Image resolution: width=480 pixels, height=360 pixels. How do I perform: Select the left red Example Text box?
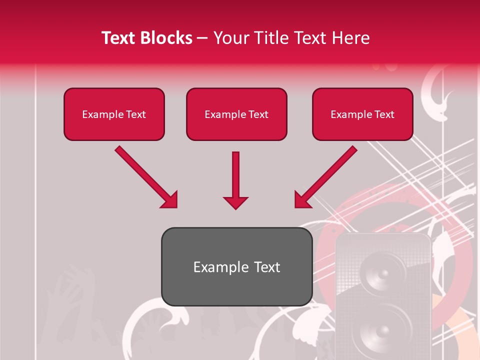pyautogui.click(x=114, y=114)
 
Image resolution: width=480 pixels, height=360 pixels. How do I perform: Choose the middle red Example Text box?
pyautogui.click(x=236, y=114)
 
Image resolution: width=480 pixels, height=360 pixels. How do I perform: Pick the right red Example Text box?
pyautogui.click(x=362, y=114)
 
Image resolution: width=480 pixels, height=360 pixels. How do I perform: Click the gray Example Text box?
pyautogui.click(x=236, y=267)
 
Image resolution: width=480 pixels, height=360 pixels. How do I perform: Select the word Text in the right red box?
pyautogui.click(x=384, y=114)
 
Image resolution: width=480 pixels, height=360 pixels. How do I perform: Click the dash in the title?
pyautogui.click(x=202, y=38)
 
